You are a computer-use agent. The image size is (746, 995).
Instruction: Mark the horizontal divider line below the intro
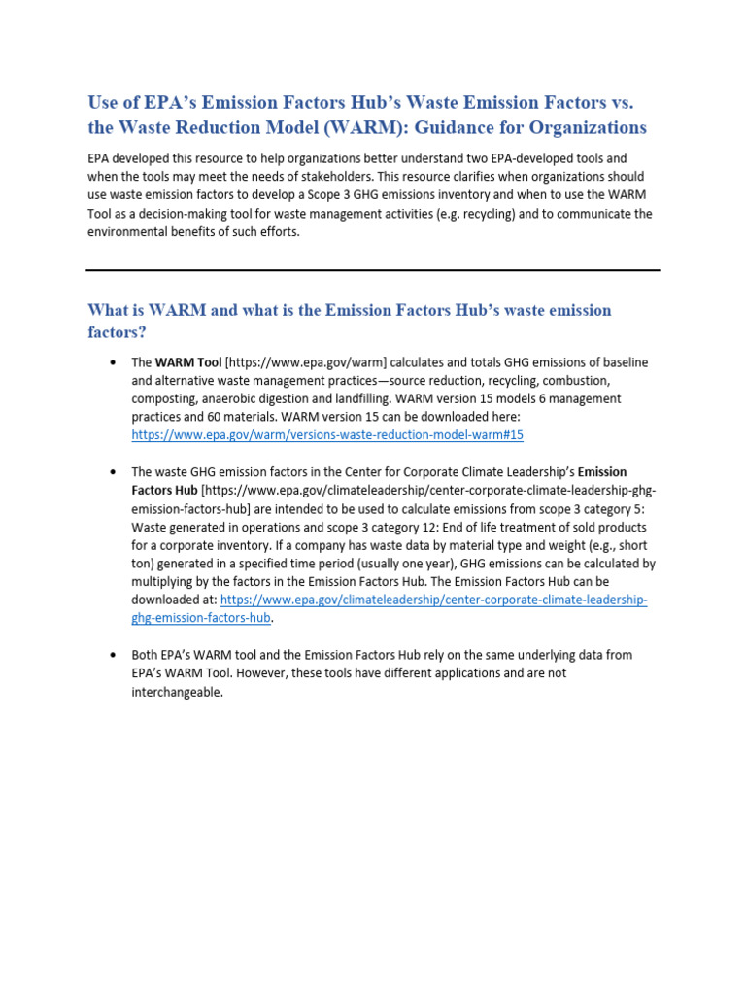(373, 270)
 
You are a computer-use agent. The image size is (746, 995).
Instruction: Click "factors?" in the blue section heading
(117, 332)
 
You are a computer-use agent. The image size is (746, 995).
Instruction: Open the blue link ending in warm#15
(327, 435)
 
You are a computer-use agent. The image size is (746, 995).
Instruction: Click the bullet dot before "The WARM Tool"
(114, 362)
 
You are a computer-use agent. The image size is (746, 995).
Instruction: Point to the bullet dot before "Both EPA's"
(114, 655)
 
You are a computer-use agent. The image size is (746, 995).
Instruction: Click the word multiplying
(167, 582)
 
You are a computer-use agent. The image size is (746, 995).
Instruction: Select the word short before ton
(632, 545)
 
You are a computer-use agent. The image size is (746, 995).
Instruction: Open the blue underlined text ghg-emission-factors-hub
(201, 618)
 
